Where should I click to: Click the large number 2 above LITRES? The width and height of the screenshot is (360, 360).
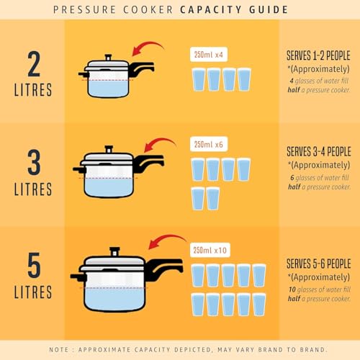click(34, 63)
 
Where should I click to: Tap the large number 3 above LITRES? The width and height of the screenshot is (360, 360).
click(34, 162)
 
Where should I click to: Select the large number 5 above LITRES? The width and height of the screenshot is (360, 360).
click(34, 265)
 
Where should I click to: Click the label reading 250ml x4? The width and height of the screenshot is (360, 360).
click(209, 55)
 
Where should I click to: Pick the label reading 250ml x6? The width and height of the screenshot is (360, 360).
click(209, 144)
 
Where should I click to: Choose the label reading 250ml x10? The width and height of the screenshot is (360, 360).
click(210, 250)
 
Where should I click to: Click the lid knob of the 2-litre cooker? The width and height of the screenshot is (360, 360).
click(108, 58)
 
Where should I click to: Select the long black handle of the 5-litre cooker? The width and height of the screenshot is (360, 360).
click(164, 268)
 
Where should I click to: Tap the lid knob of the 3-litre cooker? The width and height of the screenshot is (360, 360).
click(109, 149)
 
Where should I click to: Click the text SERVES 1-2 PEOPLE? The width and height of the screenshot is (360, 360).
click(318, 55)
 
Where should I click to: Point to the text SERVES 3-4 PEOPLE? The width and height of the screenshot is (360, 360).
click(319, 151)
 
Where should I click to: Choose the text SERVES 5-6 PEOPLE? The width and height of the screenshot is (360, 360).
click(319, 264)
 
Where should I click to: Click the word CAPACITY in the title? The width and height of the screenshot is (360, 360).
click(210, 10)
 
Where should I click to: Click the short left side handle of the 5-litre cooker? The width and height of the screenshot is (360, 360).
click(78, 277)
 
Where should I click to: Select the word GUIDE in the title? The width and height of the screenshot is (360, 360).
click(269, 10)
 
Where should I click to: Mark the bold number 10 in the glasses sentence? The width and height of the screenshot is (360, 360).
click(292, 289)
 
